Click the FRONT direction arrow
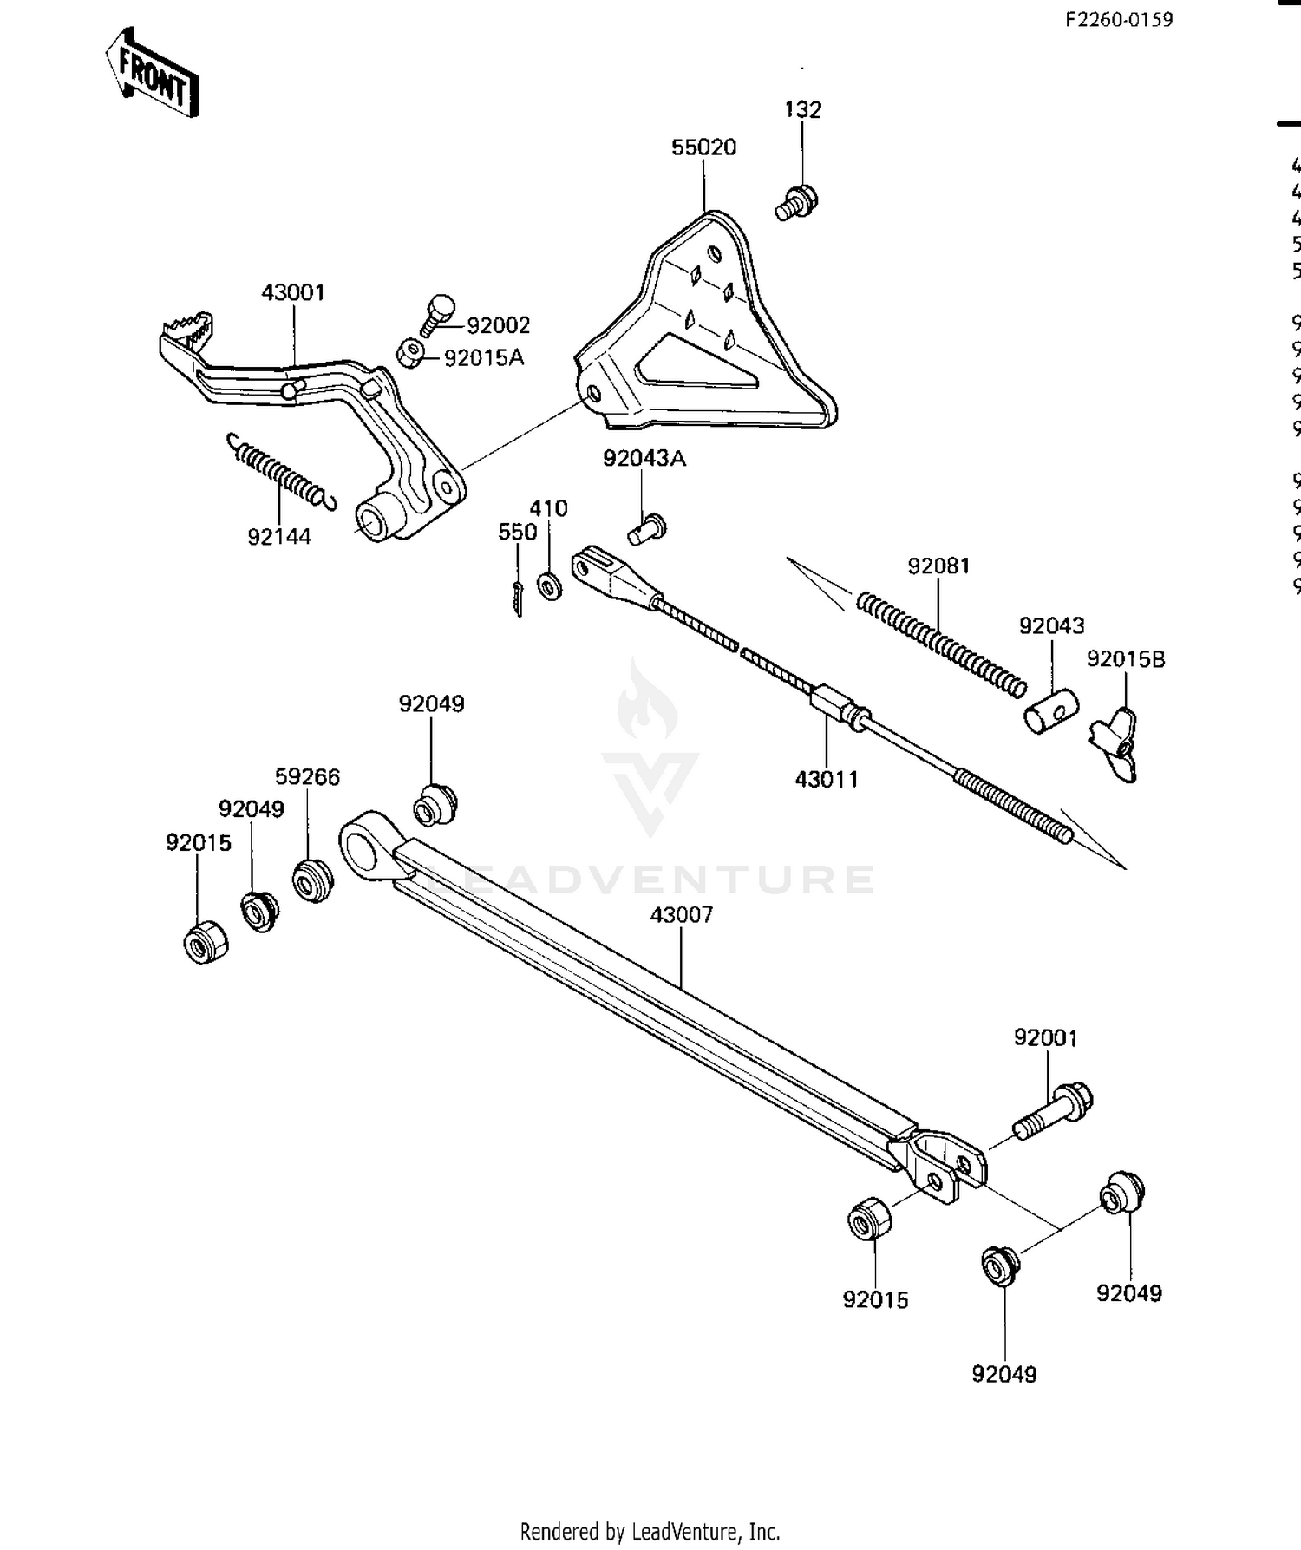tap(153, 73)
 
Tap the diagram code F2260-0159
tap(1119, 19)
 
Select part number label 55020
tap(703, 147)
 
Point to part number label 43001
tap(293, 292)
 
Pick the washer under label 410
tap(549, 585)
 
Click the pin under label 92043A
tap(646, 527)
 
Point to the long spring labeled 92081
tap(940, 644)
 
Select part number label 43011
tap(826, 779)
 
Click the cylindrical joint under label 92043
tap(1050, 710)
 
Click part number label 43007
tap(681, 914)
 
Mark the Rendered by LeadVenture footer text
tap(650, 1531)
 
